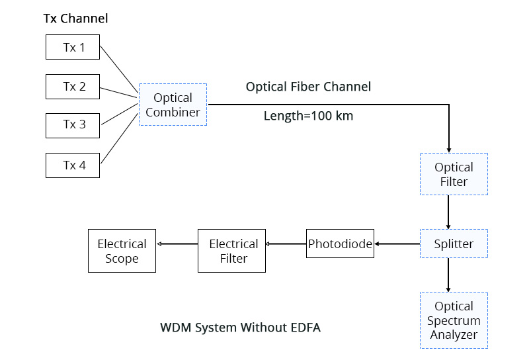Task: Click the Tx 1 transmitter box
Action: tap(73, 48)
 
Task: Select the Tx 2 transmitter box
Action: tap(73, 86)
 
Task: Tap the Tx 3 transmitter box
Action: tap(73, 124)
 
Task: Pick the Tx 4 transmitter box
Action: tap(73, 165)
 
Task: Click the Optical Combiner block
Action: tap(173, 105)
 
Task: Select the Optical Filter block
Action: tap(454, 174)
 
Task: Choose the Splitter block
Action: tap(454, 244)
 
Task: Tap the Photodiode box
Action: tap(340, 244)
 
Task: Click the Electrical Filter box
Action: tap(233, 251)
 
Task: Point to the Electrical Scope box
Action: tap(122, 251)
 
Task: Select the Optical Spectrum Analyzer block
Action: tap(454, 320)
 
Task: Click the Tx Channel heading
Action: tap(75, 19)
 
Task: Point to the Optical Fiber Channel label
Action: tap(308, 87)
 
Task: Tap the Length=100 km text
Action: tap(308, 116)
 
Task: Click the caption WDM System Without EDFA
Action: tap(240, 328)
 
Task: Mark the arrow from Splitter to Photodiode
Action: tap(397, 244)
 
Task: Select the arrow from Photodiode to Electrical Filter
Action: tap(286, 244)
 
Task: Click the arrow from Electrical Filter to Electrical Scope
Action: tap(177, 244)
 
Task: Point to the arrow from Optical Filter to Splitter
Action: tap(449, 212)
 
